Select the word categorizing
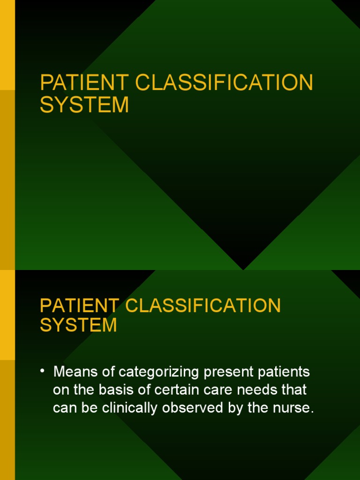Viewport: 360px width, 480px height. pos(150,373)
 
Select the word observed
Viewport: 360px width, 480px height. pos(193,408)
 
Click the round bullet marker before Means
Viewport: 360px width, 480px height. pos(43,372)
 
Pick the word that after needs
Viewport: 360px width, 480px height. pos(293,390)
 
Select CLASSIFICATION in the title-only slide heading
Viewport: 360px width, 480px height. pos(225,83)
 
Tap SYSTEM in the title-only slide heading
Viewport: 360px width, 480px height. pos(84,105)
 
